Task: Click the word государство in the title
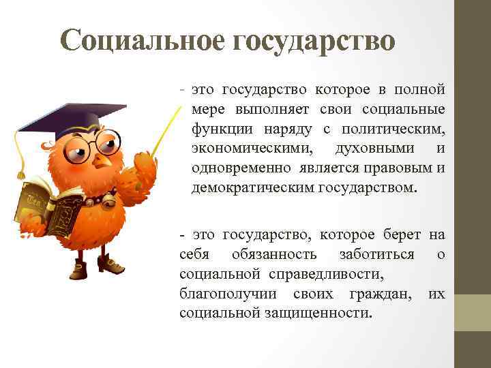click(x=314, y=41)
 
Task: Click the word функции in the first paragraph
click(x=218, y=129)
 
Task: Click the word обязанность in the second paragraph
click(x=273, y=254)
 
